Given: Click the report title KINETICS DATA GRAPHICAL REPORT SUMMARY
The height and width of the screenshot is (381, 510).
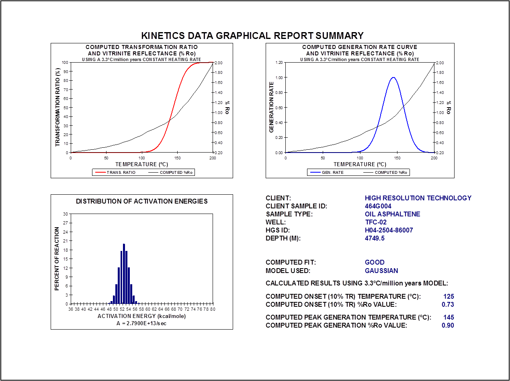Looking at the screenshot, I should point(252,35).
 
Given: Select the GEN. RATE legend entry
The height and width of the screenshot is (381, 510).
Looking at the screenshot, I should point(332,173).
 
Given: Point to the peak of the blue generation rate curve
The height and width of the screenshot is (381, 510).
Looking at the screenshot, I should point(393,77).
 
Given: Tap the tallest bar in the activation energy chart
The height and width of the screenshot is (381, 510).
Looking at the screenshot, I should point(124,274).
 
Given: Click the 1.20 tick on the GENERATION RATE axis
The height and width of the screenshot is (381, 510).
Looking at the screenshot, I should point(279,63).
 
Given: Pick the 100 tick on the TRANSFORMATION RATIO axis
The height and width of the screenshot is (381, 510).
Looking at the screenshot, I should point(65,63).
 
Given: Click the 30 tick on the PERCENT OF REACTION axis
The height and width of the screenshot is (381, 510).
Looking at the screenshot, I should point(65,214).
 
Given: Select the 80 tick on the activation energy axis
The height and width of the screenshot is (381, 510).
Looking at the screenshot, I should point(213,310).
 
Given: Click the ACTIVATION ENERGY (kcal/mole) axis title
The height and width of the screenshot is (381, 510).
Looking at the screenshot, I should point(141,316).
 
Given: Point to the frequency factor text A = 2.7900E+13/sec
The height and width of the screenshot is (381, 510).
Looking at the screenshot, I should point(141,323).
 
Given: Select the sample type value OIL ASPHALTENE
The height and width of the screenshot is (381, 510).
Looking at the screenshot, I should point(392,214).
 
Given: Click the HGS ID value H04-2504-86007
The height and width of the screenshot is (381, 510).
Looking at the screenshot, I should point(389,230).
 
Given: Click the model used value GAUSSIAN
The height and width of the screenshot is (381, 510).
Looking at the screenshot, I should point(381,271).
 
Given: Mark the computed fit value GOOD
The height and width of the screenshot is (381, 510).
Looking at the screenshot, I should point(375,262).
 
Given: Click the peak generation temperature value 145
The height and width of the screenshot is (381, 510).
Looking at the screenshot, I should point(449,317).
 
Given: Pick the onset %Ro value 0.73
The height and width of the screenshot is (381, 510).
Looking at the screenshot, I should point(448,304).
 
